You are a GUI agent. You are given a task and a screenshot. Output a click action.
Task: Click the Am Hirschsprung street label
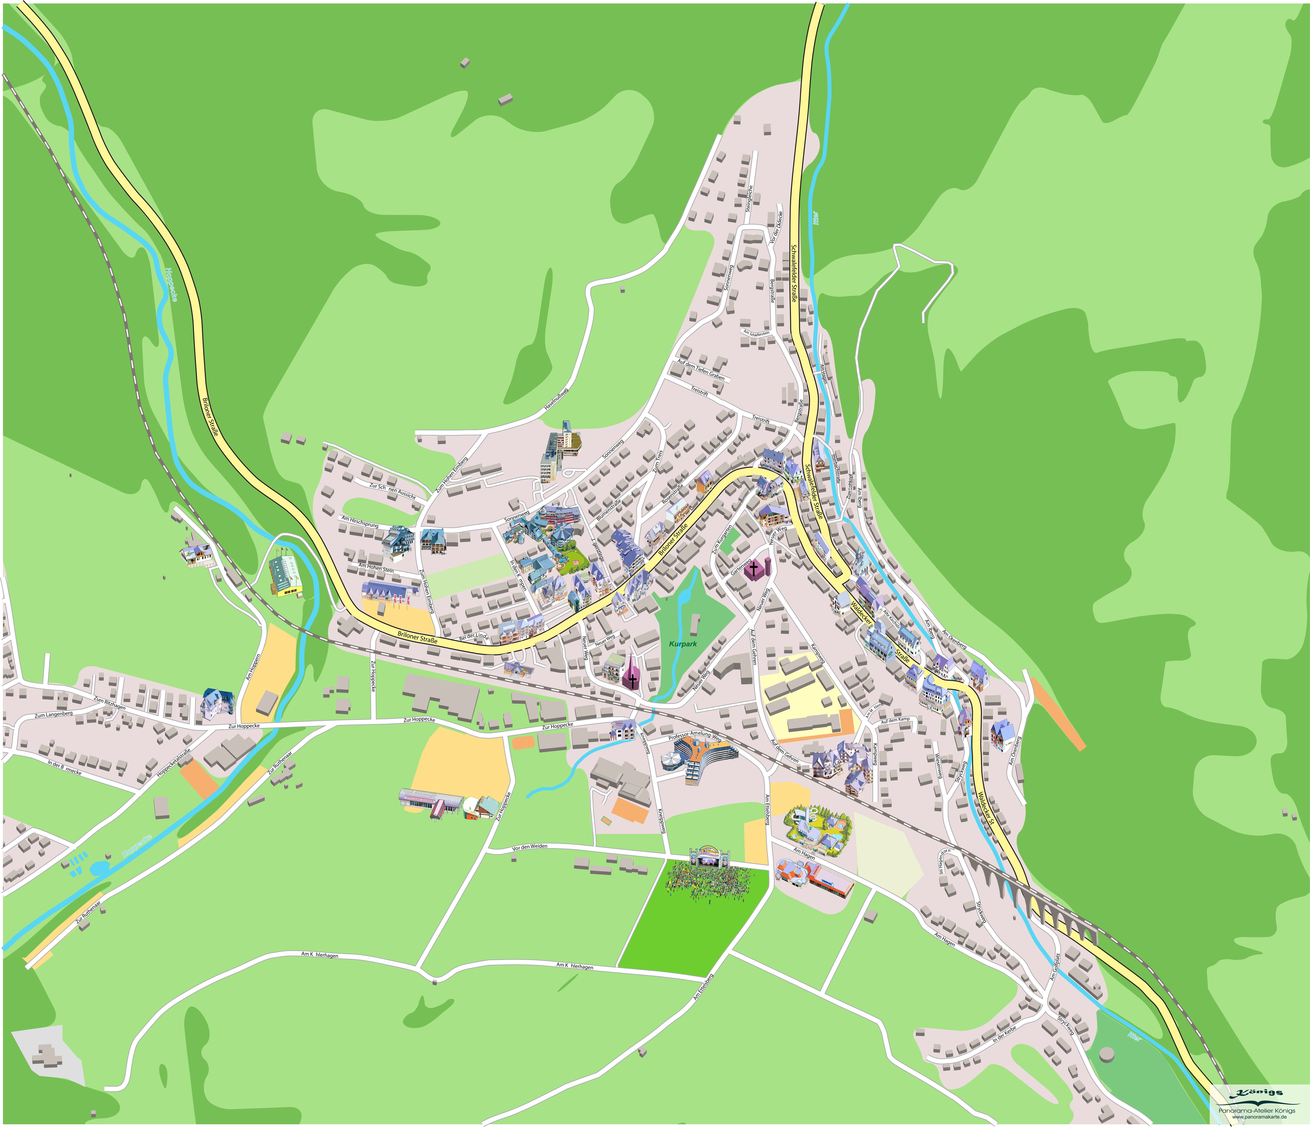point(360,522)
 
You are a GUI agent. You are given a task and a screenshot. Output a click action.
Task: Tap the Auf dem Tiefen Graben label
point(700,368)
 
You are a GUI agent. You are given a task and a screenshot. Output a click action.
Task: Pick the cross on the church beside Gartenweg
point(754,569)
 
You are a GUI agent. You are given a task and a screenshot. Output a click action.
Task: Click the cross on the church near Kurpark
point(631,680)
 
